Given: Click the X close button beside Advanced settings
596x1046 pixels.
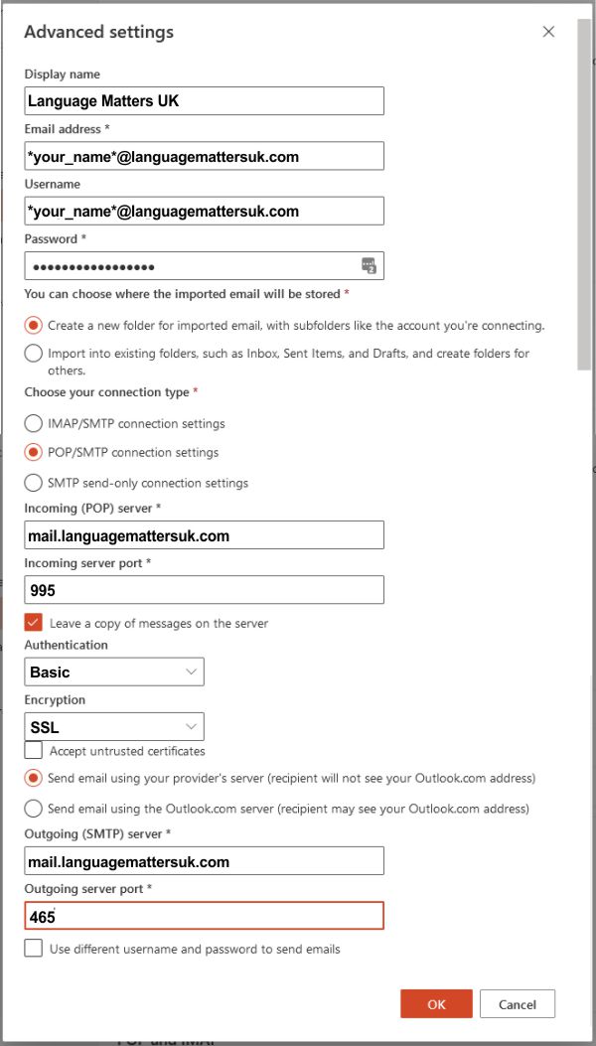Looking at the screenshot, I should click(548, 32).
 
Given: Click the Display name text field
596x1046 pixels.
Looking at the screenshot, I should click(204, 101).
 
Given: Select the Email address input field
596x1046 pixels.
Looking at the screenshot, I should click(204, 156).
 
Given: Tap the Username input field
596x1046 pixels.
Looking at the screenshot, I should click(204, 211).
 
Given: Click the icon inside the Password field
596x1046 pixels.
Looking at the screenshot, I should click(369, 265).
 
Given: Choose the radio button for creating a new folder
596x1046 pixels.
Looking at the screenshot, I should click(34, 325).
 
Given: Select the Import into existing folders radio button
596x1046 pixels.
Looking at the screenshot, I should click(34, 354).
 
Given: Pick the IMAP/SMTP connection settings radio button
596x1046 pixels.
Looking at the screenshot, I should click(34, 423).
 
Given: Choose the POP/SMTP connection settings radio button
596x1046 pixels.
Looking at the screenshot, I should click(34, 452).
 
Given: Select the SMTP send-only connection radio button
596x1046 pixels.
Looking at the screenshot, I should click(34, 483).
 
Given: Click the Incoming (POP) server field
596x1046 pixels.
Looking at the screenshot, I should click(204, 535).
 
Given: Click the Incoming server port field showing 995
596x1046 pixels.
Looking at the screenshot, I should click(204, 590).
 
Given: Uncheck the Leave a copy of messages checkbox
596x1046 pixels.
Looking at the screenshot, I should click(34, 623).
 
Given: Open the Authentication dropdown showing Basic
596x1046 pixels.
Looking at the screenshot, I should click(114, 672).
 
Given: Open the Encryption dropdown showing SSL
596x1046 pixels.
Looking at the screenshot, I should click(114, 727).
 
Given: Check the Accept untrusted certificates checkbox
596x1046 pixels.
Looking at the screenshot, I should click(34, 751).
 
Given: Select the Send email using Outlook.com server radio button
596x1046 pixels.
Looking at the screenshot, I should click(34, 809).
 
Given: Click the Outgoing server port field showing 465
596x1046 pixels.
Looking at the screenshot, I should click(204, 916).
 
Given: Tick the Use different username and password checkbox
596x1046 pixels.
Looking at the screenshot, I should click(34, 949).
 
